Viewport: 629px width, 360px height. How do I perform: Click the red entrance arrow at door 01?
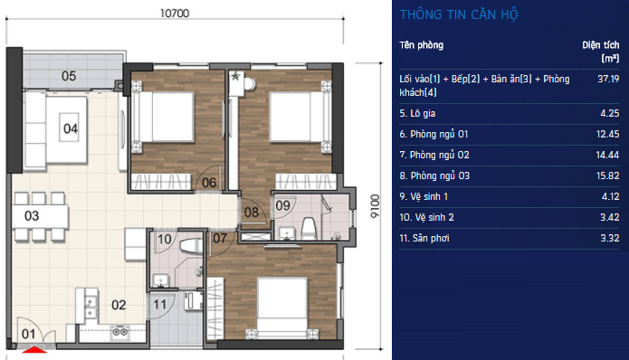(34, 350)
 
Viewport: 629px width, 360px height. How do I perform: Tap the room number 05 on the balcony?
(69, 76)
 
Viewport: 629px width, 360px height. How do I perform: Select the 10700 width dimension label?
(175, 14)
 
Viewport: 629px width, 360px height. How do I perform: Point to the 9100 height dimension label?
(375, 206)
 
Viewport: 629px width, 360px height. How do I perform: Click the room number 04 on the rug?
(71, 128)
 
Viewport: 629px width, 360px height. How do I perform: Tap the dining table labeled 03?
(40, 216)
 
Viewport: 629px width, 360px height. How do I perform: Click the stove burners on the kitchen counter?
(119, 332)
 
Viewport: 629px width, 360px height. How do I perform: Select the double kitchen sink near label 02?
(91, 307)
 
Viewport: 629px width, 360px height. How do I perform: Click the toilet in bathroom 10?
(191, 246)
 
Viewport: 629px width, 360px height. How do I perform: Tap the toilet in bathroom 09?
(309, 229)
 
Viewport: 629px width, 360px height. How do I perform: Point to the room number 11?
(159, 305)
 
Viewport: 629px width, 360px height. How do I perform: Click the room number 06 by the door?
(209, 183)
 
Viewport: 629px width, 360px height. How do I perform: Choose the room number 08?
(252, 212)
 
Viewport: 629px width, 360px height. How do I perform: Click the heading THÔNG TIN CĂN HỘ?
(459, 14)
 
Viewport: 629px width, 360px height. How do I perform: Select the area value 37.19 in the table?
(608, 79)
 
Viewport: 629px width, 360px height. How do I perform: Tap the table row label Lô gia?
(417, 113)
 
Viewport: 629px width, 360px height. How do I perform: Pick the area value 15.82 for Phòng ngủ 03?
(608, 175)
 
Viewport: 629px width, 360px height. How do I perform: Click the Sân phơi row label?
(424, 238)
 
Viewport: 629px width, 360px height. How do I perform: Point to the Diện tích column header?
(601, 52)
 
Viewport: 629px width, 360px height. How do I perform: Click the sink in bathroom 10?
(161, 280)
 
